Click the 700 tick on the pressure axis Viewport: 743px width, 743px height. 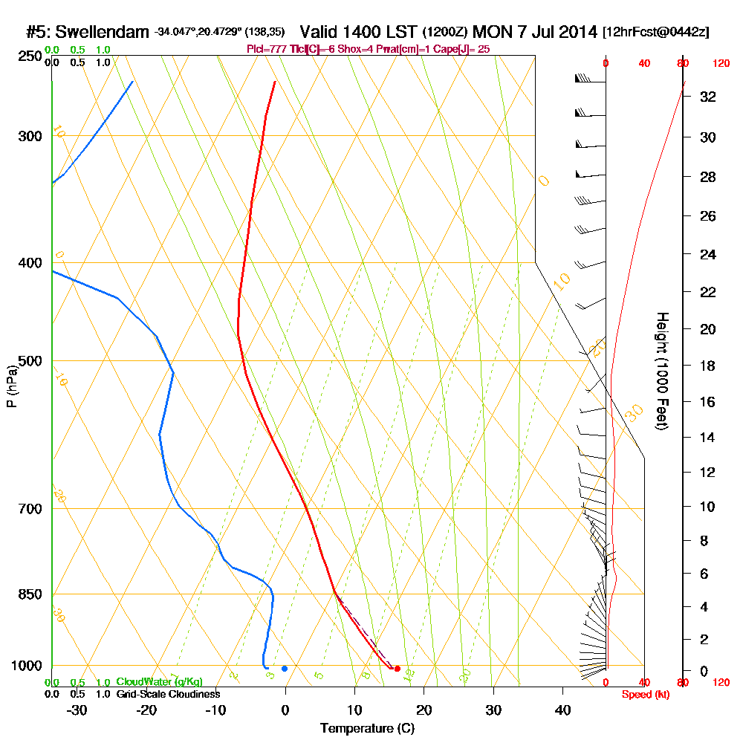(x=30, y=509)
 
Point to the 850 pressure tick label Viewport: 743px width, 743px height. (x=30, y=594)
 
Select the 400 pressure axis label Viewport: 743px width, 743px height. (x=30, y=263)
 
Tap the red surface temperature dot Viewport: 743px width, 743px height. (x=398, y=669)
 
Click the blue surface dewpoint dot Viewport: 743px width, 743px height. (x=285, y=669)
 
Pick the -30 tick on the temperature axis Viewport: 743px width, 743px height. (x=77, y=710)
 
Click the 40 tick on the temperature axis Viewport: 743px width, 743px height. (x=562, y=710)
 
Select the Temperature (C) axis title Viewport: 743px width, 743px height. (x=367, y=729)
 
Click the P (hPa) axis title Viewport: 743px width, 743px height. (x=11, y=386)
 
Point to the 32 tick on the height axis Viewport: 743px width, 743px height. (x=708, y=97)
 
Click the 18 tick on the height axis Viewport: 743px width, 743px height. (x=708, y=366)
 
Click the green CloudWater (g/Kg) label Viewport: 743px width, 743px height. (x=159, y=682)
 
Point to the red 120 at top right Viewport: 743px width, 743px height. (x=720, y=64)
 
